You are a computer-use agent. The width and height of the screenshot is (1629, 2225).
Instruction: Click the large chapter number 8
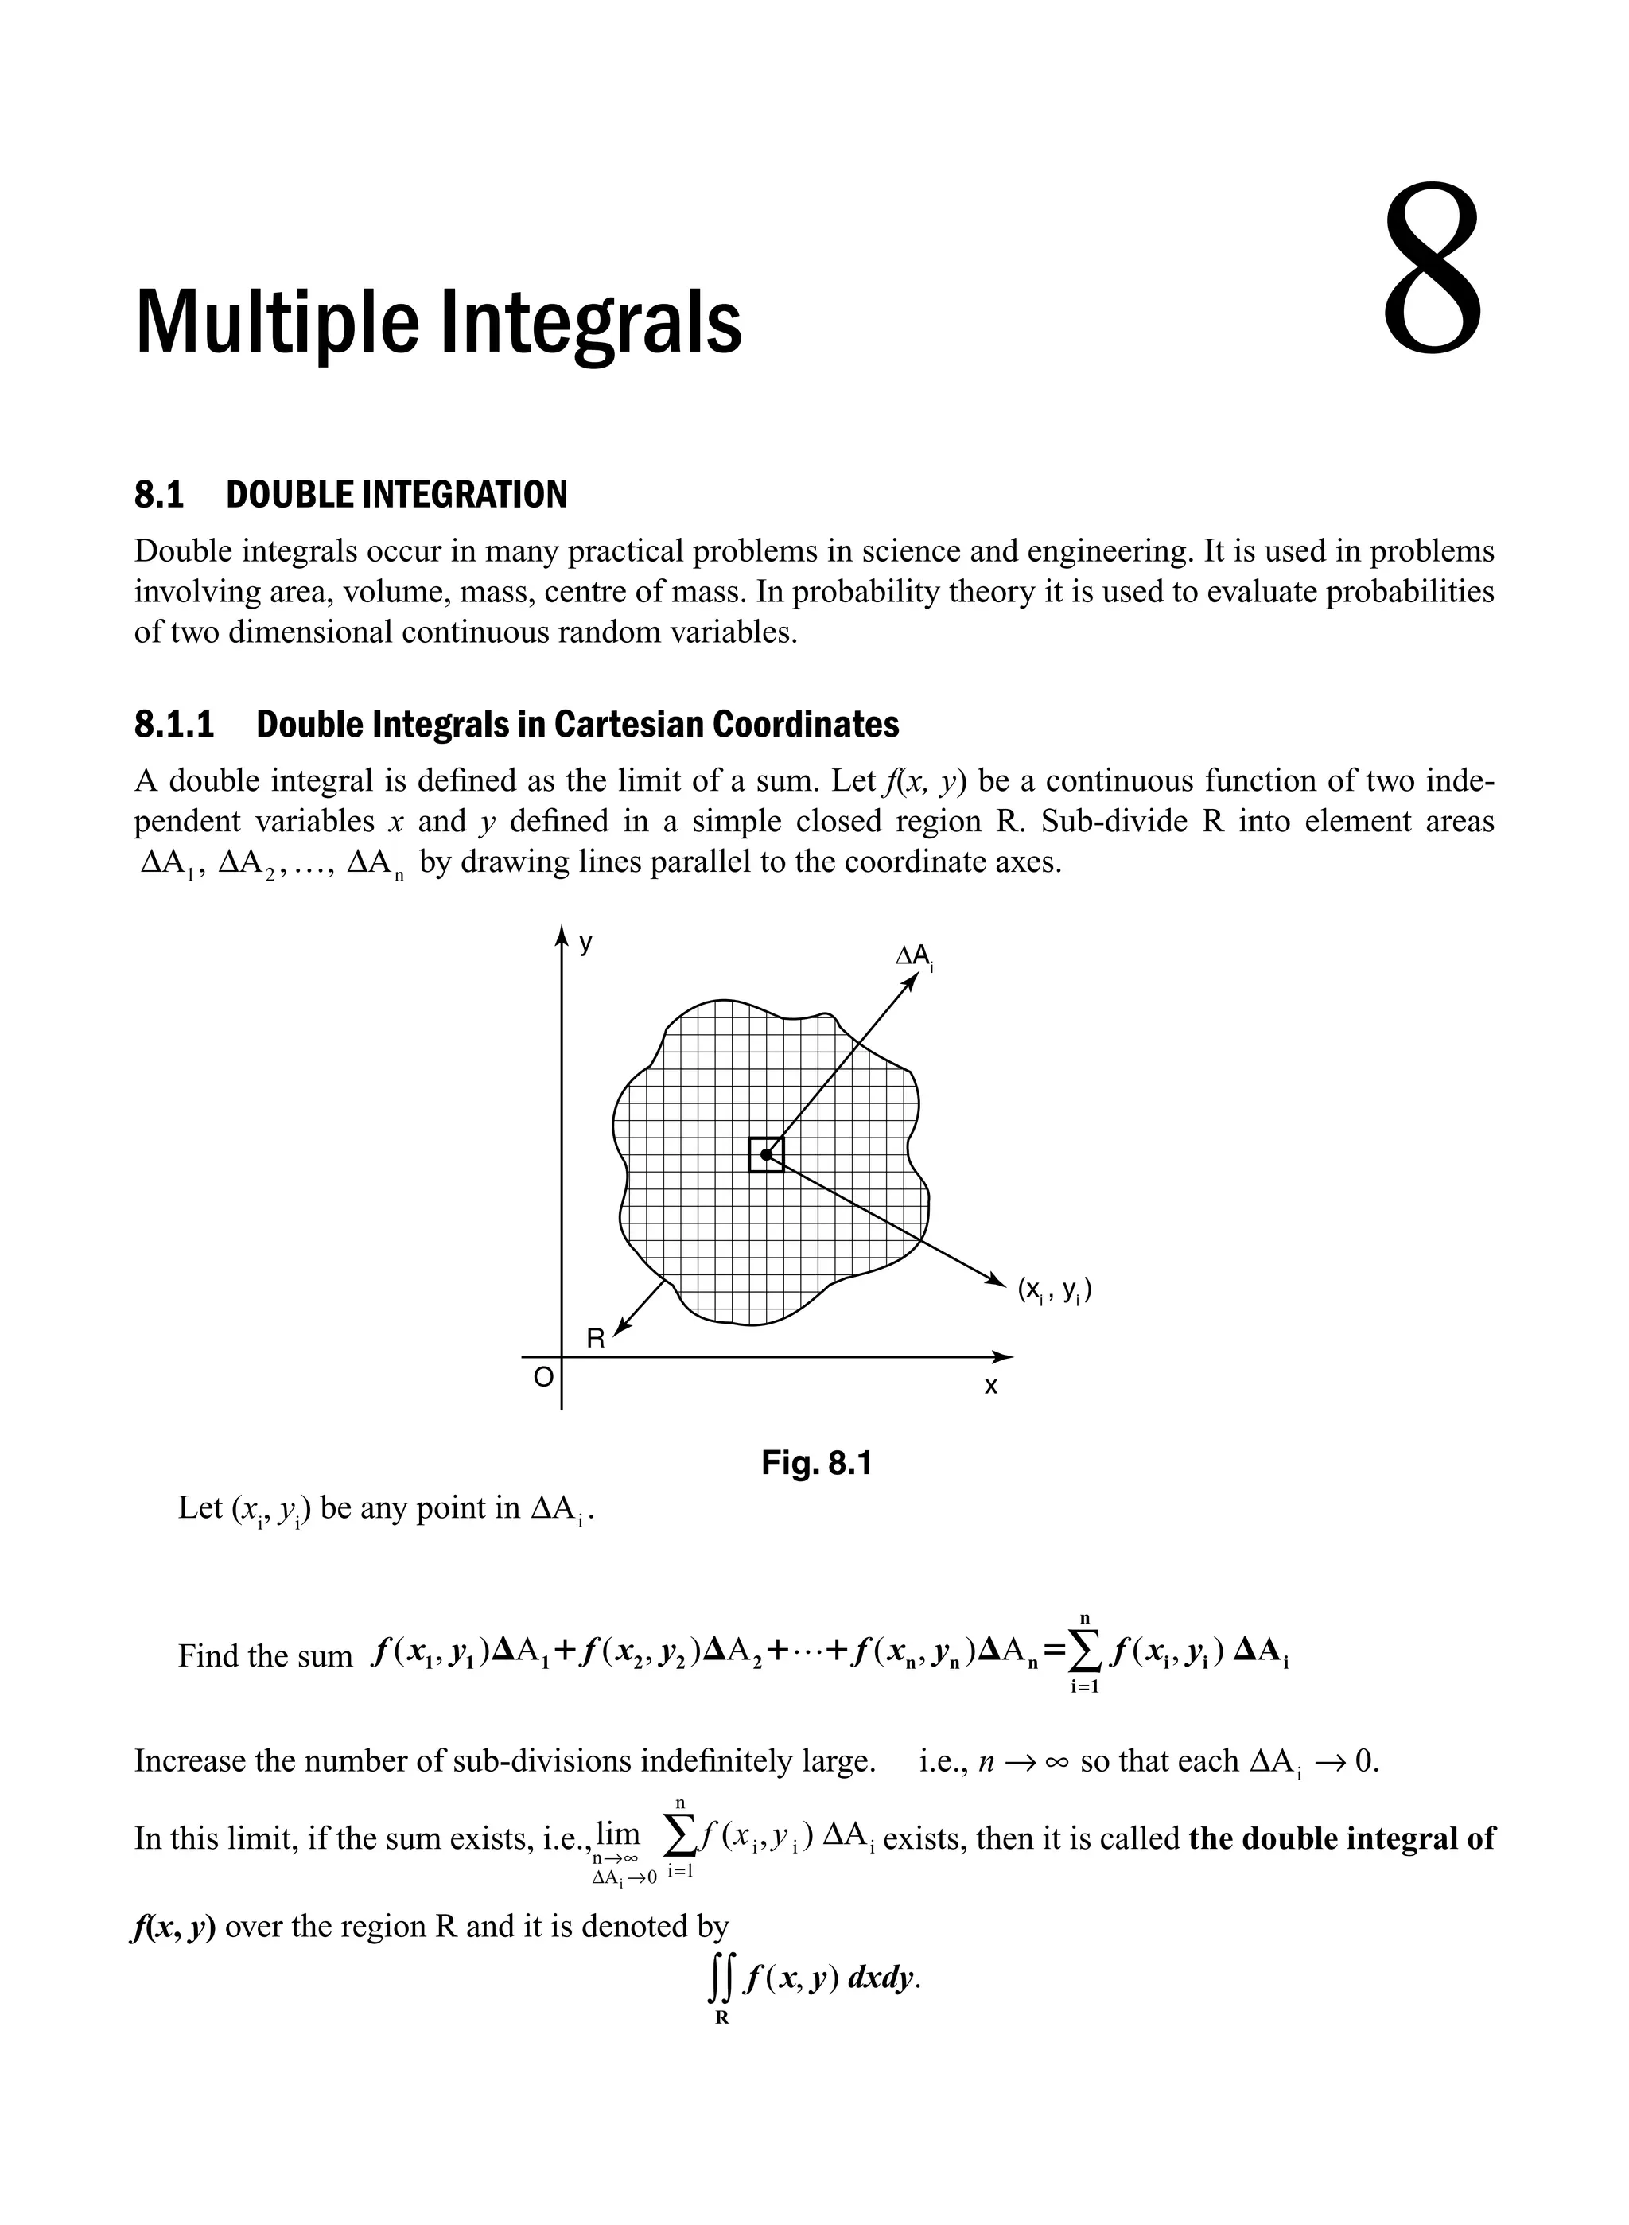click(x=1433, y=270)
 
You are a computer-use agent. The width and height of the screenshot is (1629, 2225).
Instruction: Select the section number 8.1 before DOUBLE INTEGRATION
click(x=159, y=494)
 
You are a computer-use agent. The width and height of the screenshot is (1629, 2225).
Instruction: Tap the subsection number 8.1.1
click(x=173, y=725)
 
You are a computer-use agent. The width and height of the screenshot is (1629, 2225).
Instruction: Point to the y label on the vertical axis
click(x=585, y=943)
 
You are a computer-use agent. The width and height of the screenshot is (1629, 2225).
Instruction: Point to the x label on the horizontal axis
click(x=991, y=1387)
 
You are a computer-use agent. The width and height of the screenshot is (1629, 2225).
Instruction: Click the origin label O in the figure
click(x=542, y=1378)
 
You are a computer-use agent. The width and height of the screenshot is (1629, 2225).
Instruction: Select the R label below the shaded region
click(x=596, y=1338)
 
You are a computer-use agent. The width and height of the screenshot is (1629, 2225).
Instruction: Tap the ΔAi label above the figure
click(x=913, y=955)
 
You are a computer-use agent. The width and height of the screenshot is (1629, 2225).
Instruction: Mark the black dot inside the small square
click(x=766, y=1154)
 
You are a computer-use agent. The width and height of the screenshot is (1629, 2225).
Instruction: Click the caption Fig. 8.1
click(x=816, y=1464)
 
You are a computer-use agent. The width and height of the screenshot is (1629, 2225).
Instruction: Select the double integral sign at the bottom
click(x=719, y=1978)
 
